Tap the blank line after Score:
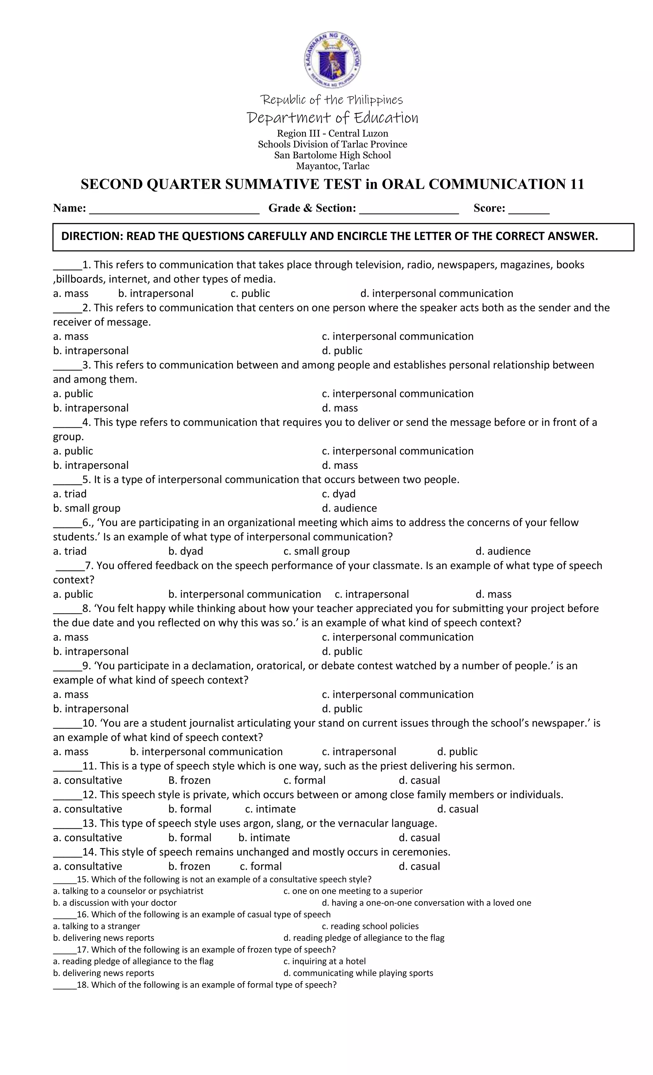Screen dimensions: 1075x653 point(529,209)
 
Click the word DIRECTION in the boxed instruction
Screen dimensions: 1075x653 point(92,236)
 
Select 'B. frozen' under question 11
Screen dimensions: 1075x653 point(189,780)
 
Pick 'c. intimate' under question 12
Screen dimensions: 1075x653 point(270,809)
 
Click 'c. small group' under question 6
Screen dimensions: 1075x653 point(317,551)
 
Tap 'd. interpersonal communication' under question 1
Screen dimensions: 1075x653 point(437,293)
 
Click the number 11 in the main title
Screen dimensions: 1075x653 point(576,184)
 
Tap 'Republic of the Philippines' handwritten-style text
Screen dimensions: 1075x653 point(332,100)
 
